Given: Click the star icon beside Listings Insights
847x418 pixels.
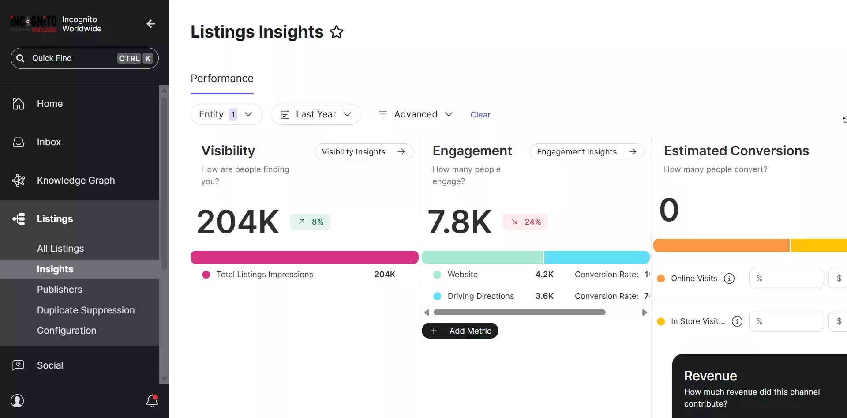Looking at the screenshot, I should (x=337, y=32).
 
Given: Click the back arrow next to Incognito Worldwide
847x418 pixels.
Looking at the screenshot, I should (x=151, y=24).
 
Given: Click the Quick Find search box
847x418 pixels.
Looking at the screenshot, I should (x=84, y=58).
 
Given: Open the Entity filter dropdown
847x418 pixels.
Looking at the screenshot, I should (x=226, y=114).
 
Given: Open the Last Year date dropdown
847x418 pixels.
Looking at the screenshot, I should (x=316, y=114).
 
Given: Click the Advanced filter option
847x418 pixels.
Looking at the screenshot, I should (x=416, y=114).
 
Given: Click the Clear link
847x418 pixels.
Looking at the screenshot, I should (x=480, y=115).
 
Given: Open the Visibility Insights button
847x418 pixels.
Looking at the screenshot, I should (x=364, y=151).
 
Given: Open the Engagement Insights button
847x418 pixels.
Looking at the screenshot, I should (x=586, y=151).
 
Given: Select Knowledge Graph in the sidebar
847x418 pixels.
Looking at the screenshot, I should (x=75, y=181).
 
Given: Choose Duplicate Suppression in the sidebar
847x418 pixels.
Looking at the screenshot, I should (x=86, y=310).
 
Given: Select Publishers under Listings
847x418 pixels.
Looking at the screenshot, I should (x=60, y=290).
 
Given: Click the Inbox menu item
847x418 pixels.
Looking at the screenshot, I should (x=49, y=142).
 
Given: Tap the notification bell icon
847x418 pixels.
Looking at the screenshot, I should (x=152, y=401).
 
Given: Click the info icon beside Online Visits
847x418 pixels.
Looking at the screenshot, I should (x=729, y=279).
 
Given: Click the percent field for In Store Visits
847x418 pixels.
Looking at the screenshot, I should (x=786, y=321).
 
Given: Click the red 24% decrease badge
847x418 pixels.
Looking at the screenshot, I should (x=525, y=222).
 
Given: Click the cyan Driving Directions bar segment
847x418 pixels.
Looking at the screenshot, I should (x=596, y=257).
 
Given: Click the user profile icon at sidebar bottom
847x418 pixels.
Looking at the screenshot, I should (x=17, y=401).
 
